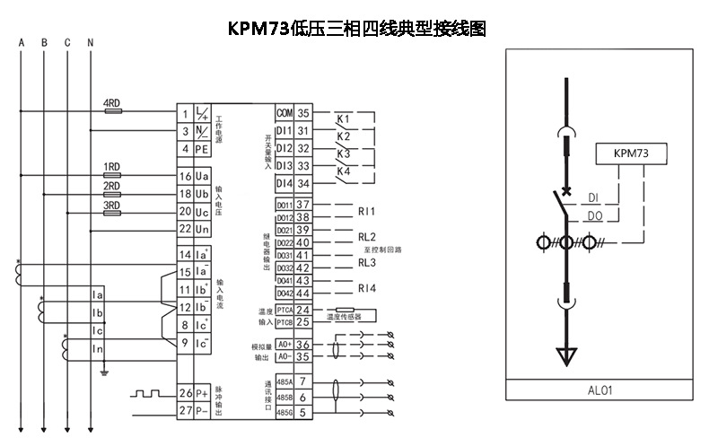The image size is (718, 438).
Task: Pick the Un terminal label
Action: pyautogui.click(x=202, y=229)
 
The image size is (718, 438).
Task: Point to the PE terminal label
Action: pyautogui.click(x=202, y=149)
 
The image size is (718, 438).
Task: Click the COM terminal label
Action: pyautogui.click(x=285, y=113)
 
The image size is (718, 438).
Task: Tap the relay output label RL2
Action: pyautogui.click(x=366, y=236)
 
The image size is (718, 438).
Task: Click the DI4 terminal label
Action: pyautogui.click(x=285, y=183)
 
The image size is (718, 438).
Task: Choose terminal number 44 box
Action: pyautogui.click(x=303, y=293)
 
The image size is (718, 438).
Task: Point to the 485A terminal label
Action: pyautogui.click(x=285, y=381)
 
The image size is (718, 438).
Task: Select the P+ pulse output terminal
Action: pyautogui.click(x=202, y=393)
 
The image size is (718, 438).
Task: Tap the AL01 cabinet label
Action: pyautogui.click(x=601, y=390)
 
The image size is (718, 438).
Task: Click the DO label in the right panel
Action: pyautogui.click(x=593, y=216)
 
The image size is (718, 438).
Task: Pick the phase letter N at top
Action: pyautogui.click(x=90, y=43)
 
